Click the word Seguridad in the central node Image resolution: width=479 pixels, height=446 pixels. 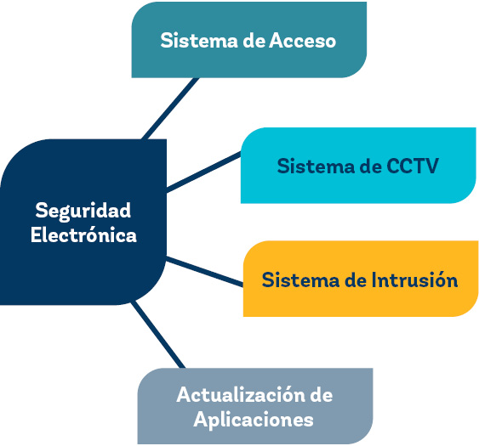[x=83, y=210]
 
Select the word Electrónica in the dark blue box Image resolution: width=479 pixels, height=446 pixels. [x=83, y=235]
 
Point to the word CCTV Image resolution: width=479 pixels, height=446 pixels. [x=413, y=166]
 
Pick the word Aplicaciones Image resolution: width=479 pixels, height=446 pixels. [x=254, y=419]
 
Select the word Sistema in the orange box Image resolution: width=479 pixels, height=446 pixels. [x=298, y=279]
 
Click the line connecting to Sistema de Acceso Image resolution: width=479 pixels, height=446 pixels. [x=170, y=107]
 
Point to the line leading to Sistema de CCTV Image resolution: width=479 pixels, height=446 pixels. [x=204, y=172]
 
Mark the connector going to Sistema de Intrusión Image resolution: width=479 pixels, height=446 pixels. [x=204, y=269]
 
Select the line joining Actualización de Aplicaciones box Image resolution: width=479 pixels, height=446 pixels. [x=158, y=335]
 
